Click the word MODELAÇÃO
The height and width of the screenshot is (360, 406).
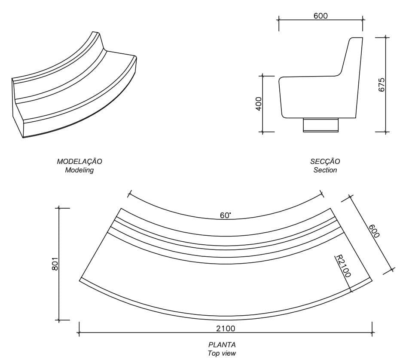pos(79,162)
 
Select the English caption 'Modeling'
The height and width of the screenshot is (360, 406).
pos(79,170)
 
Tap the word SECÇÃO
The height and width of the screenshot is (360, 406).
pos(325,162)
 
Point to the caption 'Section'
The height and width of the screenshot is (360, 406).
pos(325,170)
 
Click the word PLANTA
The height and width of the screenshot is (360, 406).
pos(222,345)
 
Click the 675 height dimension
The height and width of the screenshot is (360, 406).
pos(382,84)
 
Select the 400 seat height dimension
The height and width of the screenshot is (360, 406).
pos(259,104)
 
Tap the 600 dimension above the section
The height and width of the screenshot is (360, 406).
pos(321,16)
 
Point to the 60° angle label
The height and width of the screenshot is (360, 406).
pos(225,215)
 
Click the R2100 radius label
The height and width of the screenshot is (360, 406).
pos(343,266)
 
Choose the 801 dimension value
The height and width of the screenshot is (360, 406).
pos(55,264)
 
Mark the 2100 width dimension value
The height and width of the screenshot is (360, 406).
pos(225,329)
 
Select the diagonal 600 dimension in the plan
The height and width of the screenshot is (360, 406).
pos(374,231)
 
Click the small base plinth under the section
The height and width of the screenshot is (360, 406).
pos(321,125)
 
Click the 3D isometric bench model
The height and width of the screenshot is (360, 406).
pos(73,90)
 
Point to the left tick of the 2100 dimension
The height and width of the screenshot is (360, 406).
pos(79,332)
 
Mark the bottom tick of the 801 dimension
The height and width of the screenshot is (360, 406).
pos(59,320)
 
